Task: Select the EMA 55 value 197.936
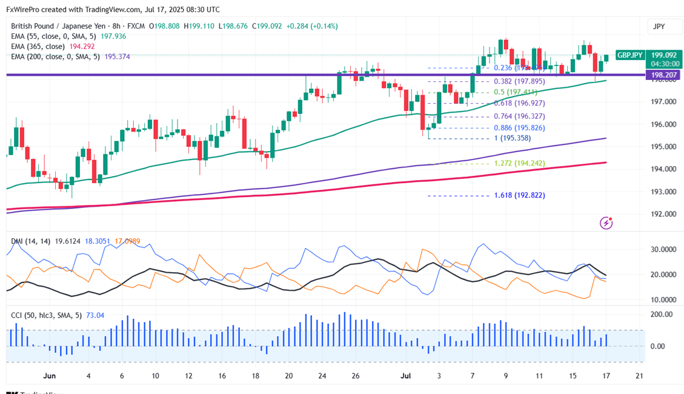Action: pos(115,36)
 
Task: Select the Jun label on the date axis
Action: pos(50,376)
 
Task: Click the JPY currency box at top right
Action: pos(659,26)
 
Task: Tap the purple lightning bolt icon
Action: pos(606,223)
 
